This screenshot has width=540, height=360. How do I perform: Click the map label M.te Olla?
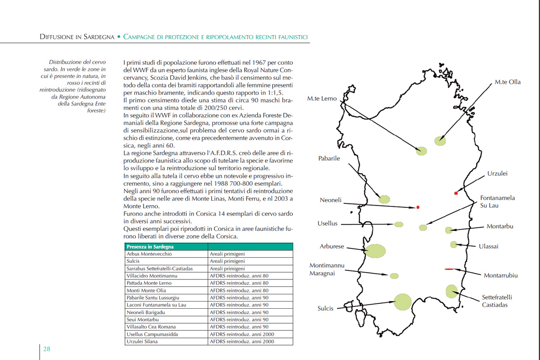508,82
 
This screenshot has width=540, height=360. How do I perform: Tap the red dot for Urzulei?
456,193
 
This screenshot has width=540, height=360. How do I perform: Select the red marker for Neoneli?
418,207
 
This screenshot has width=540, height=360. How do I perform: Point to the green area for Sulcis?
402,301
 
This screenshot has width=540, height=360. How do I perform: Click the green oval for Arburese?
375,251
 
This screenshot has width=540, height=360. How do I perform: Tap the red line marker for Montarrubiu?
449,269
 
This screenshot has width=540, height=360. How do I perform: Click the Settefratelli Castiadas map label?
497,301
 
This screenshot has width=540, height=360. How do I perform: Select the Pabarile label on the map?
329,158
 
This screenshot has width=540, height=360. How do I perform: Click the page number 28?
47,349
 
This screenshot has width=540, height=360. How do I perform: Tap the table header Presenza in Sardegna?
150,247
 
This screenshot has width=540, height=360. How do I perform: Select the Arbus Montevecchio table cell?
146,254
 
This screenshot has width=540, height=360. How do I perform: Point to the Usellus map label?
327,224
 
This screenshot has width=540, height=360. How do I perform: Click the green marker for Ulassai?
454,245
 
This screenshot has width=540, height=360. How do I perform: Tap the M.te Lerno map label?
322,99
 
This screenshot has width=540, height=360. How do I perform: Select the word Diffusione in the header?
60,37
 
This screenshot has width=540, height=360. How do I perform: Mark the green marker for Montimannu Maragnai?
394,276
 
